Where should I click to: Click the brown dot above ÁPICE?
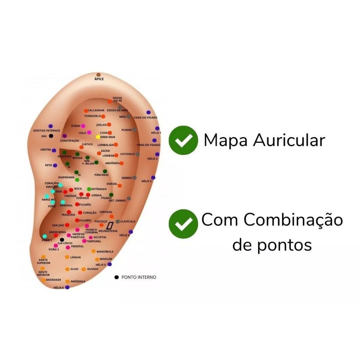coord(98,75)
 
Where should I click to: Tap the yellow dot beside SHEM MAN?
coord(98,137)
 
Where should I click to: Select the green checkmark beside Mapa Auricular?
coord(183,140)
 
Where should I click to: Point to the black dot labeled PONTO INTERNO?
coord(117,277)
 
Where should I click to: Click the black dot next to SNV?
coord(51,136)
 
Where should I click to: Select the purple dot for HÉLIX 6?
coord(67,287)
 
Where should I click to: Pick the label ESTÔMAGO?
coord(99,189)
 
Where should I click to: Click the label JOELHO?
coord(101,125)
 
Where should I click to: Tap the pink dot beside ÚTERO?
coord(83,126)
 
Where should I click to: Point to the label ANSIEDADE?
coord(53,280)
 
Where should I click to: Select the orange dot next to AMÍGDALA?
coord(67,281)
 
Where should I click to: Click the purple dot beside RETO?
coord(55,165)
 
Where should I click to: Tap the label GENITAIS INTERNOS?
coord(46,130)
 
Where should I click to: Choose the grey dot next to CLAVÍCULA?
coord(117,221)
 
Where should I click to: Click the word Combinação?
coord(293,220)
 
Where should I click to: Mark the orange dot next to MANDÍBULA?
coord(94,251)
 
